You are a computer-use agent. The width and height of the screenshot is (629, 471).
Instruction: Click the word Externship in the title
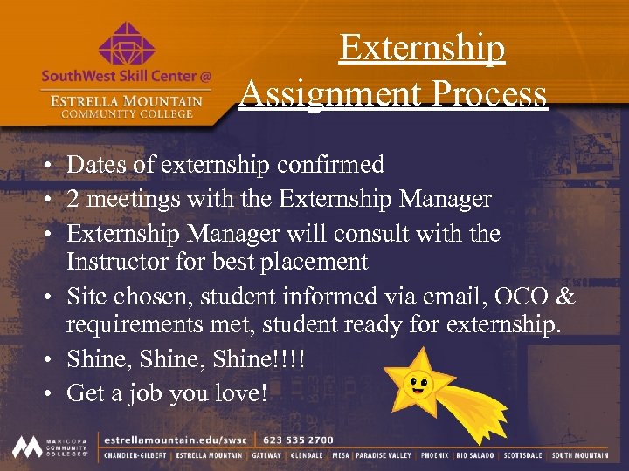422,48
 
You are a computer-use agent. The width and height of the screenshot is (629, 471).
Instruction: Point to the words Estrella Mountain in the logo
127,100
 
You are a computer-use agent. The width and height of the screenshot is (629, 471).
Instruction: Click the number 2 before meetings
73,199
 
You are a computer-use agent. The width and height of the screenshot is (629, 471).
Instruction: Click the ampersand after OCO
566,297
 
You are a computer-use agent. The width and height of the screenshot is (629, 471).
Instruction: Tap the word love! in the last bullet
240,393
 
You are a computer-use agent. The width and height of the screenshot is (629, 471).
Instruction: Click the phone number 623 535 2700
298,440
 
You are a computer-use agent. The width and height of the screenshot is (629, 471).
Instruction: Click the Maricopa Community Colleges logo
50,447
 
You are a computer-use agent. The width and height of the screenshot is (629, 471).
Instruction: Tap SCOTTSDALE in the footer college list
523,455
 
